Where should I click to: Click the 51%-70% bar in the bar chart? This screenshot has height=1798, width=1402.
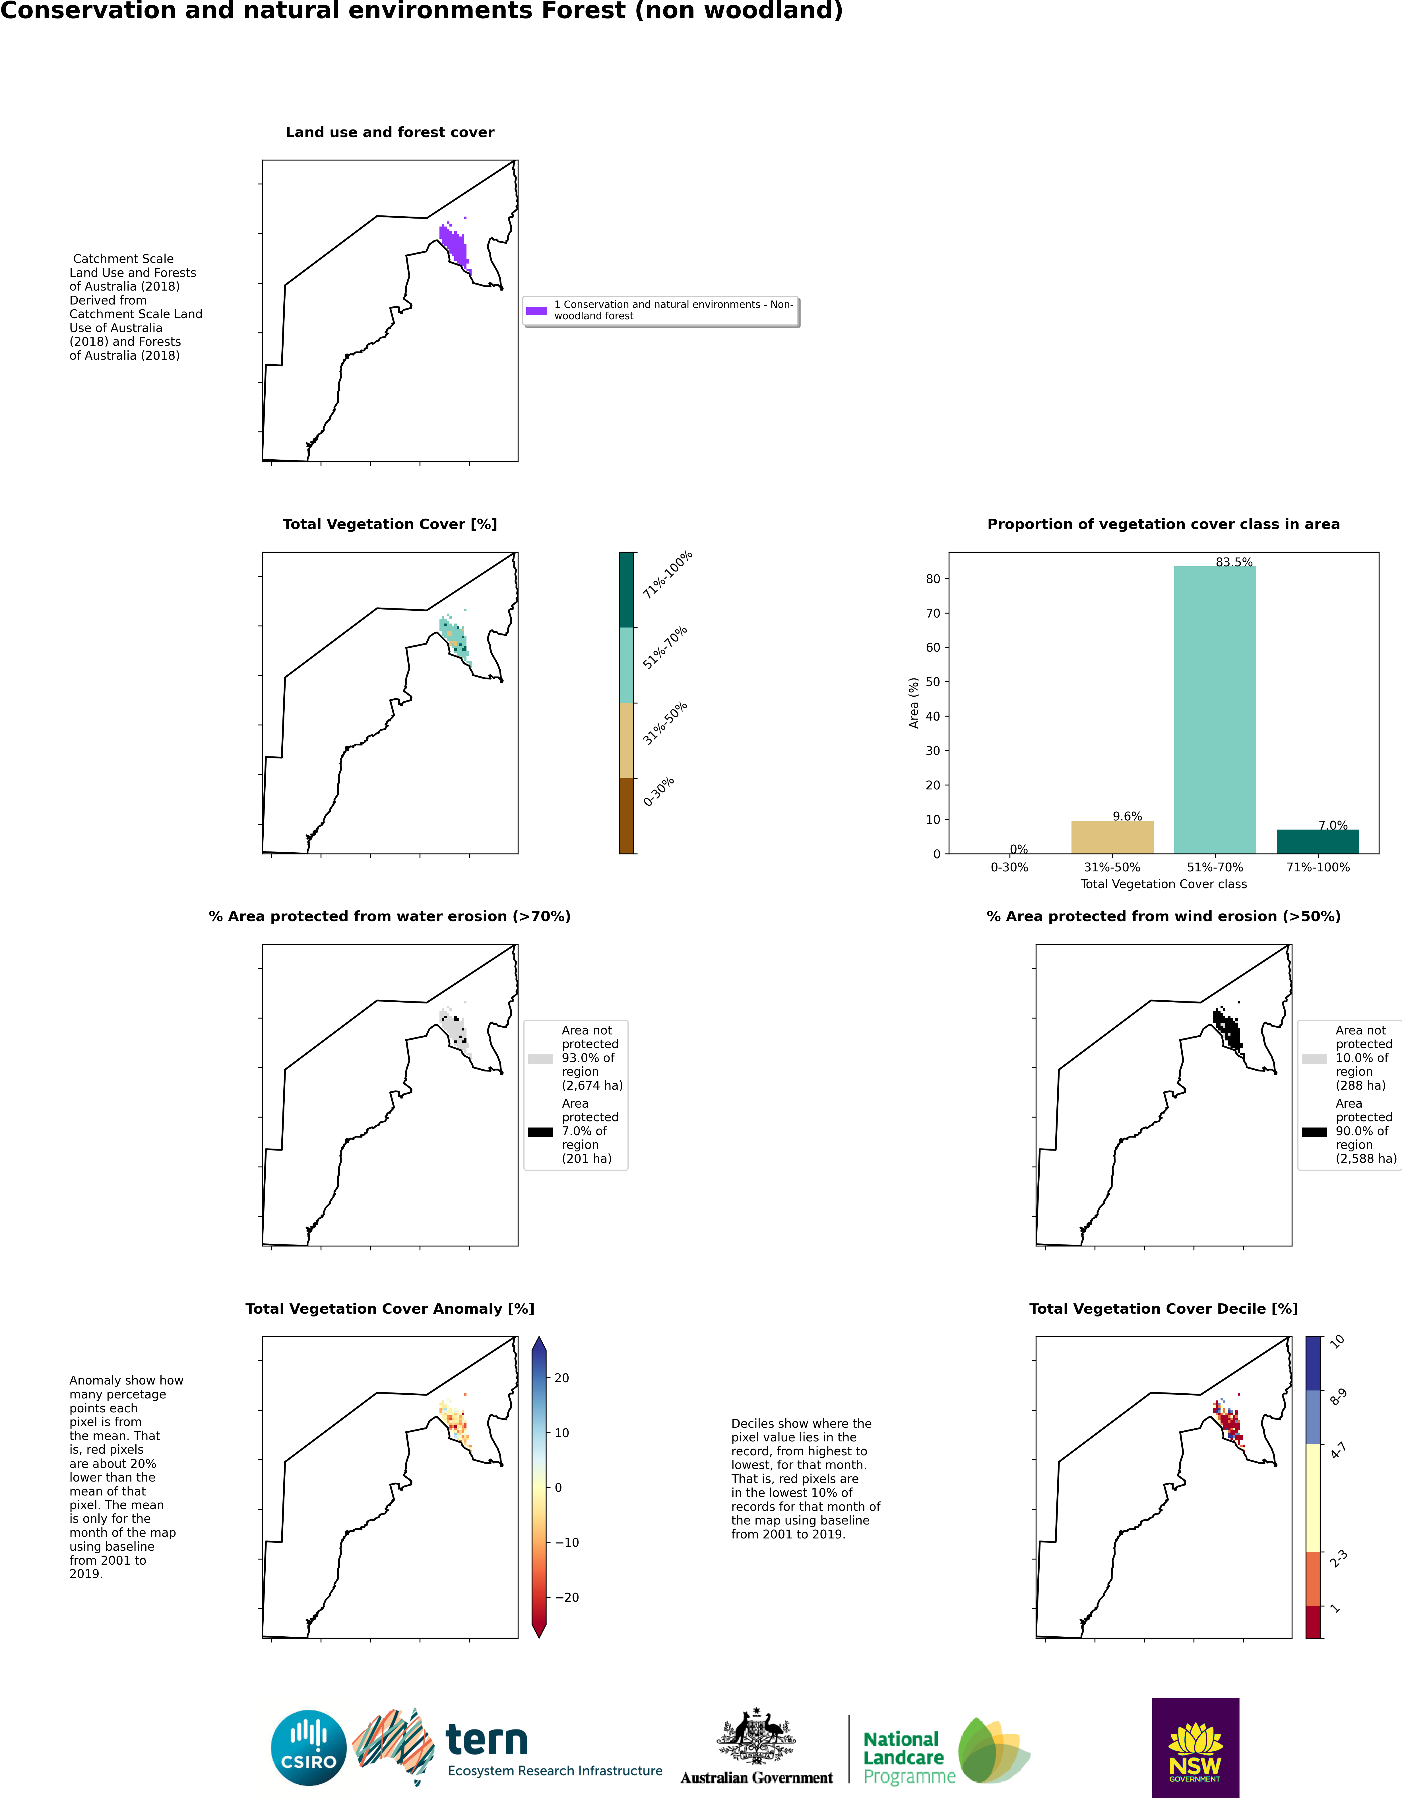point(1214,710)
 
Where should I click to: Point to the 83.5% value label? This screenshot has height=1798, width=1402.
point(1234,562)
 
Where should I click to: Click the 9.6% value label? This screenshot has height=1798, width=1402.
point(1127,817)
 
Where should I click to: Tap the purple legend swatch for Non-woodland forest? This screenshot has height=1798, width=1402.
point(536,310)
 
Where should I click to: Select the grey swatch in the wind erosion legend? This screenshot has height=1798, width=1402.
point(1314,1059)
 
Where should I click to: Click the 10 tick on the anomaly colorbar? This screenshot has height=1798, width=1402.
point(562,1433)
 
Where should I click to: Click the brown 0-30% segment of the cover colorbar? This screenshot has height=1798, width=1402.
point(626,816)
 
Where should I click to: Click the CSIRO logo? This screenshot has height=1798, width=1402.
point(309,1748)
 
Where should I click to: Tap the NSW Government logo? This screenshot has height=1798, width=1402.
point(1195,1748)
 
